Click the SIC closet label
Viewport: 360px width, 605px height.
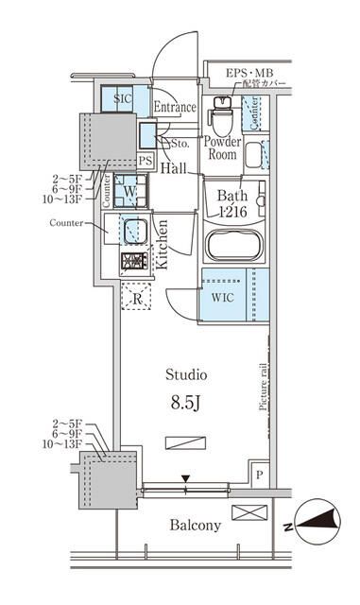pos(123,98)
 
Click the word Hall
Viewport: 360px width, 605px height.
pos(173,168)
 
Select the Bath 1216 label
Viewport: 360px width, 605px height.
pos(226,205)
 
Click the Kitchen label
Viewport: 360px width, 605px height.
pos(162,245)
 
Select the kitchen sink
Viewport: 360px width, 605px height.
pos(130,230)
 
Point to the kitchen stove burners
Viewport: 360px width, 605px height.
pos(131,262)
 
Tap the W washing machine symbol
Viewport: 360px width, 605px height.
pos(129,190)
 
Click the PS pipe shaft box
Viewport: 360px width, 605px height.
pos(146,161)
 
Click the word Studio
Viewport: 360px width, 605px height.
pos(186,374)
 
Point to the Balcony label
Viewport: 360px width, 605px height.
pos(195,525)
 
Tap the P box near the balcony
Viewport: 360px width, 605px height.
pos(257,475)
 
